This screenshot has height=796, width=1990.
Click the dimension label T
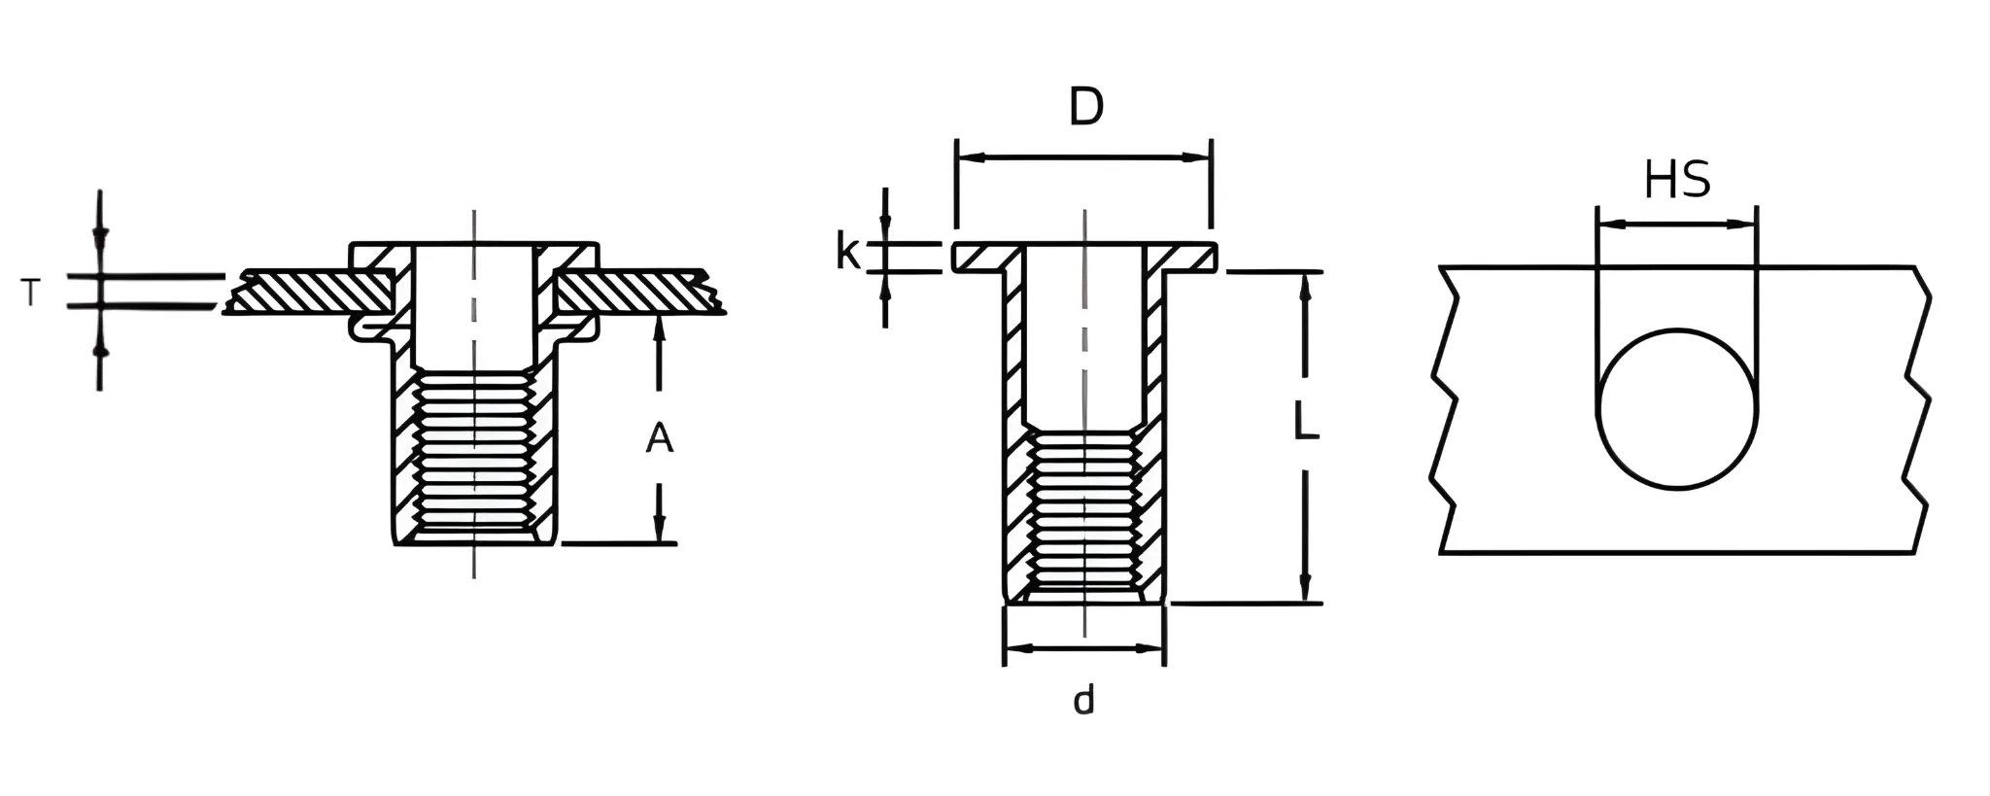coord(31,292)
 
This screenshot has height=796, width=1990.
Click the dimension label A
coord(660,439)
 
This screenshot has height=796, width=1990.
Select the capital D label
coord(1086,107)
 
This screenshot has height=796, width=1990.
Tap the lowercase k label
coord(847,253)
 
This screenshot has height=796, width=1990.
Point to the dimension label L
coord(1306,423)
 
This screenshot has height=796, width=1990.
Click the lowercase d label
coord(1083,699)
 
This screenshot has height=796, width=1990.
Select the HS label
coord(1677,180)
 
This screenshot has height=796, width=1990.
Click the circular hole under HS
coord(1677,408)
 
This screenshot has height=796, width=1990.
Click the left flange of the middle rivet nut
coord(981,257)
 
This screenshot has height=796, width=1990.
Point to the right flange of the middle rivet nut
coord(1187,257)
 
